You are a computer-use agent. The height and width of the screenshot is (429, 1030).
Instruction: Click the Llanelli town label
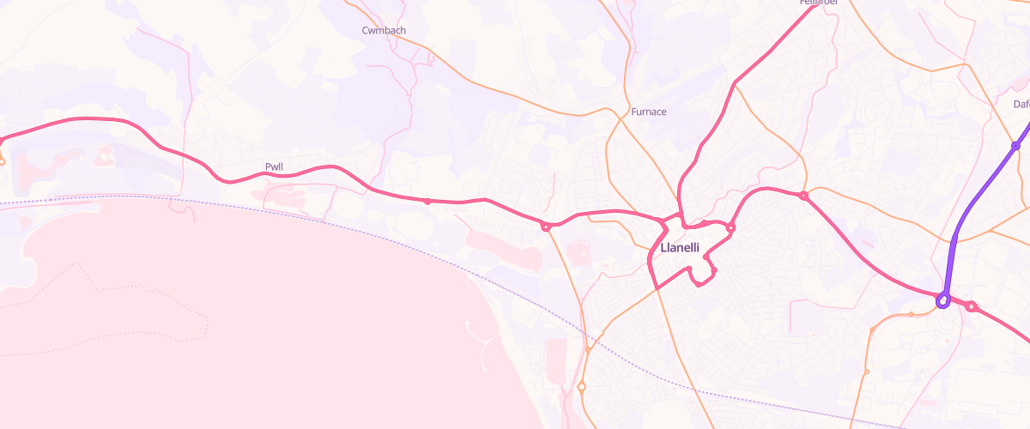681,247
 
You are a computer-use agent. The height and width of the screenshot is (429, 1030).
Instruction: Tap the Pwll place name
274,166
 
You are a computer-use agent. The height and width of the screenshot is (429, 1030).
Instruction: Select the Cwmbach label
384,30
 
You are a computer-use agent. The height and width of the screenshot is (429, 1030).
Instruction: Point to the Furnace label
648,112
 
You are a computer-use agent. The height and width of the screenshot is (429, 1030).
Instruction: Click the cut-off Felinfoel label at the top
816,3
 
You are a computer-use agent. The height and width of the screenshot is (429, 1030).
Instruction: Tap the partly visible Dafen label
1021,104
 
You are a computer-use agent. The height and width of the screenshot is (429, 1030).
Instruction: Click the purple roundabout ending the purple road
942,301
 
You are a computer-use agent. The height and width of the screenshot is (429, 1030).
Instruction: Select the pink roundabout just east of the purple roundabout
972,306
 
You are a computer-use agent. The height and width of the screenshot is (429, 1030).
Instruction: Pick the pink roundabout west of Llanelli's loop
545,227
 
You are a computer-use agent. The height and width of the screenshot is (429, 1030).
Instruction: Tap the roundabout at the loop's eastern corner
731,227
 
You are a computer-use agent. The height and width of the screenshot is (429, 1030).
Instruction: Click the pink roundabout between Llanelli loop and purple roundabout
803,196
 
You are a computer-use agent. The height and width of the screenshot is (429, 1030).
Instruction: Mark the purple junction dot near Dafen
1015,146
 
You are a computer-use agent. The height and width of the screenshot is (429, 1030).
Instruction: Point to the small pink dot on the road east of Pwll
427,202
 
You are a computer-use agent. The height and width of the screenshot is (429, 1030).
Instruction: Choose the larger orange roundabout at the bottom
581,387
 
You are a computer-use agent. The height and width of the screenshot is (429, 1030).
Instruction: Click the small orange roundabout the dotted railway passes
588,348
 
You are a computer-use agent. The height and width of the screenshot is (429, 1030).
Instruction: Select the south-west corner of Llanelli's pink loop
656,287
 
